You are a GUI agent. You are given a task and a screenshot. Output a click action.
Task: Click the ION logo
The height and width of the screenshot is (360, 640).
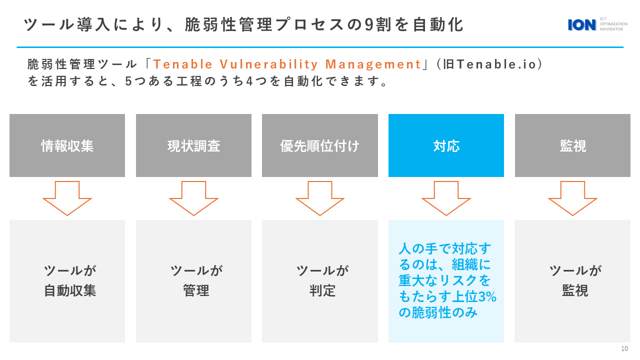coord(597,24)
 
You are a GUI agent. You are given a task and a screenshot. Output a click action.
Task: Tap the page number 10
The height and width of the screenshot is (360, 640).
coord(624,348)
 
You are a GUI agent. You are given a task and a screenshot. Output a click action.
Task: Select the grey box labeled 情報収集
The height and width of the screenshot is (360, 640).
coord(67,145)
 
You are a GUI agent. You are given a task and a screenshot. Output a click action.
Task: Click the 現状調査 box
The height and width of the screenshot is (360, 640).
coord(193,145)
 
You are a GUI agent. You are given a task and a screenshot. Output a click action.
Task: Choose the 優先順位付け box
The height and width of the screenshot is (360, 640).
coord(320,145)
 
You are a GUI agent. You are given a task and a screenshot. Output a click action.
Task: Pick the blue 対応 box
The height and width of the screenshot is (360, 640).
coord(446,145)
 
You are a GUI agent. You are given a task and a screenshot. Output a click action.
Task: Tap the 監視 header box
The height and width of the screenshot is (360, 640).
coord(572,145)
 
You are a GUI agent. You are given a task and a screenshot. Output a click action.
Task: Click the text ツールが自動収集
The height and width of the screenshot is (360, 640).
coord(70,280)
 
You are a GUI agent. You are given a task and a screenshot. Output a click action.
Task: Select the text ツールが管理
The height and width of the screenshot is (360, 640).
coord(196,280)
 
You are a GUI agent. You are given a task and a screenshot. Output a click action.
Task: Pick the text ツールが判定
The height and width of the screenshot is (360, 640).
coord(322,280)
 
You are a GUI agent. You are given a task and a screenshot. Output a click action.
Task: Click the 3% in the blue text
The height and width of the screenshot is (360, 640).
coord(487,296)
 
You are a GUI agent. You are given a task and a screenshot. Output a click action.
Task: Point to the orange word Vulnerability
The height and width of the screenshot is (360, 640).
coord(268,64)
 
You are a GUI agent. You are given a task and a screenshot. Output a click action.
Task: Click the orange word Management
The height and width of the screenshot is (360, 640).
coord(373,65)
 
